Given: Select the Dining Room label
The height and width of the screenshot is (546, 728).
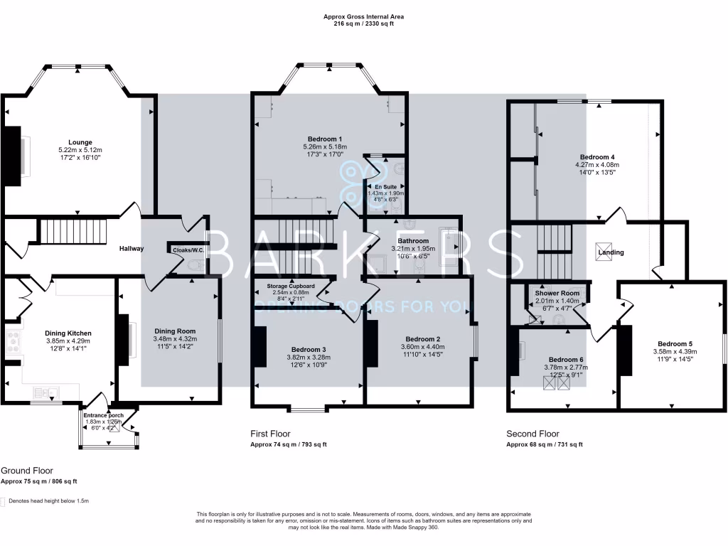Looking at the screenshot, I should [175, 331].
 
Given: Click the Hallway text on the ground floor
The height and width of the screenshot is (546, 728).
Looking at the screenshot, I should [132, 249].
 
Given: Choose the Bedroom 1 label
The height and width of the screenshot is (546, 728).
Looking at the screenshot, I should [325, 139].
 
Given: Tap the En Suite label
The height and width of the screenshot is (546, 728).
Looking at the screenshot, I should [385, 187].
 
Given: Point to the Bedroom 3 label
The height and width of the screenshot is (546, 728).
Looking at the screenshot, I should [309, 349].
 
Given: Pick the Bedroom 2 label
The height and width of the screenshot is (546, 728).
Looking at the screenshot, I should [423, 339].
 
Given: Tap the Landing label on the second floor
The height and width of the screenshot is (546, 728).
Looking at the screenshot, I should [611, 252].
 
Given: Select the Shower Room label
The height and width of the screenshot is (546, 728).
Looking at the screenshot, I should [557, 293].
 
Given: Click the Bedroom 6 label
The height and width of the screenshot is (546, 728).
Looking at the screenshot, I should [566, 359].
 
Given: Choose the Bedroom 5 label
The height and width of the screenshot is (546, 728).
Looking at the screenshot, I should [675, 343].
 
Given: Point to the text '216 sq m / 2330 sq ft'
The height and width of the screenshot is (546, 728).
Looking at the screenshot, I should [364, 23].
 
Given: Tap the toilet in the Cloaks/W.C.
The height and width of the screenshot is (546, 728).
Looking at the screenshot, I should [197, 267].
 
